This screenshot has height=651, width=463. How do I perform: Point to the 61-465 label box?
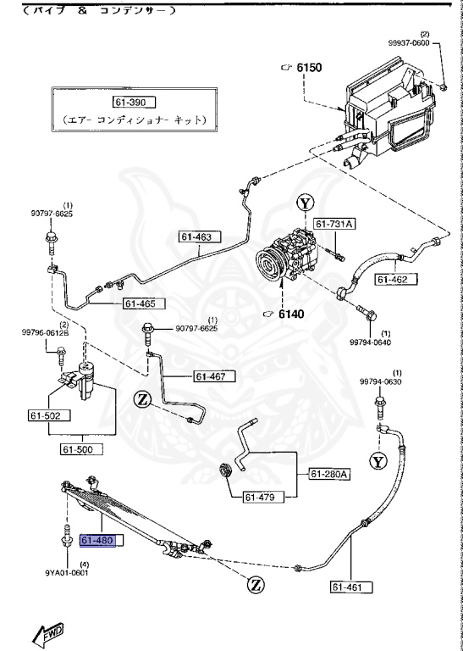142,303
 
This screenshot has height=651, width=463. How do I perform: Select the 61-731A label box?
336,224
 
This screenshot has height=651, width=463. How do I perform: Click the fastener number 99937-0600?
433,42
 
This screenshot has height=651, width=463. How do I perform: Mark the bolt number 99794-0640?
372,342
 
